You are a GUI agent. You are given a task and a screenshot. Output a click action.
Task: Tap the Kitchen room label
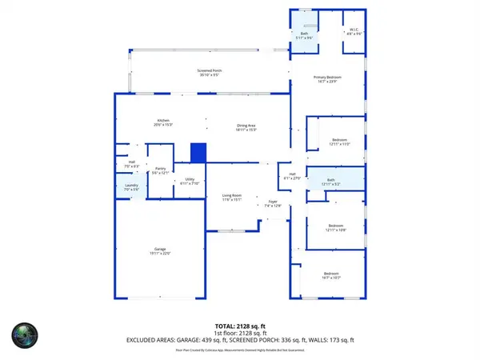coord(162,122)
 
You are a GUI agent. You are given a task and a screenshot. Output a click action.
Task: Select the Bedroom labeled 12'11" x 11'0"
coord(339,141)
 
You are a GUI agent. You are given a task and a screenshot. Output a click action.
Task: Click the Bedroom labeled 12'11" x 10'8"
coord(336,228)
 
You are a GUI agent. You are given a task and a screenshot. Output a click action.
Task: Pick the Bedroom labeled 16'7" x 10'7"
coord(331,276)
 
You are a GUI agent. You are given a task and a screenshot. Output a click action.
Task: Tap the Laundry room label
coord(132,186)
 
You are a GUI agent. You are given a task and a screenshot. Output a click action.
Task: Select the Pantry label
coord(160,170)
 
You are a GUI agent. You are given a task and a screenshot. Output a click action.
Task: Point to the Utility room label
coord(190,180)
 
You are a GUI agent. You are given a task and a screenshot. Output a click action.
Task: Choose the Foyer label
coord(272,204)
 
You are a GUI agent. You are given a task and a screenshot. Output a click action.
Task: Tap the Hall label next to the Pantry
coord(132,163)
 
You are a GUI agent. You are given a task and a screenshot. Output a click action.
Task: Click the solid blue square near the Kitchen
coord(198,152)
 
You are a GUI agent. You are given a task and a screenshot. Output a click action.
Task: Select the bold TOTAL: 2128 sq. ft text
coord(239,326)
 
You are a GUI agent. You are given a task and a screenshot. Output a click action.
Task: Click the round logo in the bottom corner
coord(25,336)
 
